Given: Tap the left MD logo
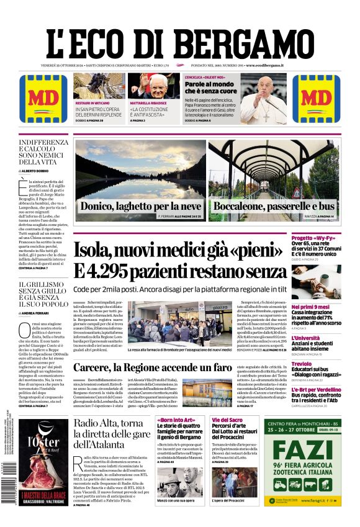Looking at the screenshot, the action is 43,99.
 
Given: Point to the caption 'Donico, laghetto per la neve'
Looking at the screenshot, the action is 141,206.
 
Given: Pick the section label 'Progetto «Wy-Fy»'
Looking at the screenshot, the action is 316,238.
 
